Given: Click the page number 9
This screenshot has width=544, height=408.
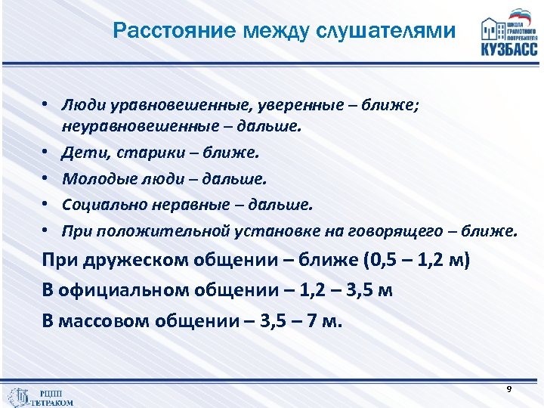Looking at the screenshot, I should (x=509, y=388).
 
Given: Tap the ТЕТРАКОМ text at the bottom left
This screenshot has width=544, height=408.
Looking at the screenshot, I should (x=52, y=402).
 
